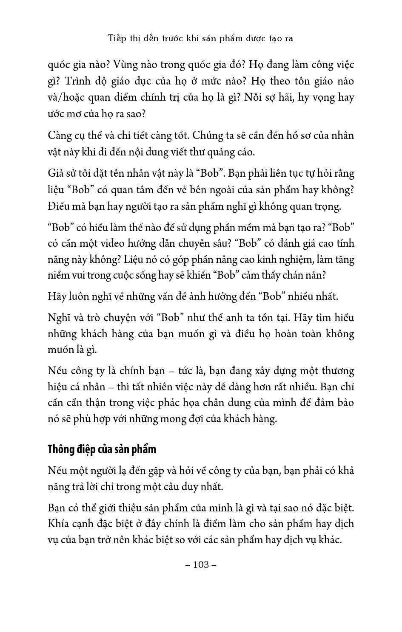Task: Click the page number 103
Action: tap(201, 564)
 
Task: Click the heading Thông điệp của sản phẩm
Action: tap(102, 449)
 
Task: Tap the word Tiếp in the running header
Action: tap(116, 38)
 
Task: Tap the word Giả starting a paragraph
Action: tap(56, 174)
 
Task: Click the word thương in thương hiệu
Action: tap(334, 371)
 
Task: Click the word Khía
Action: tap(58, 524)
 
